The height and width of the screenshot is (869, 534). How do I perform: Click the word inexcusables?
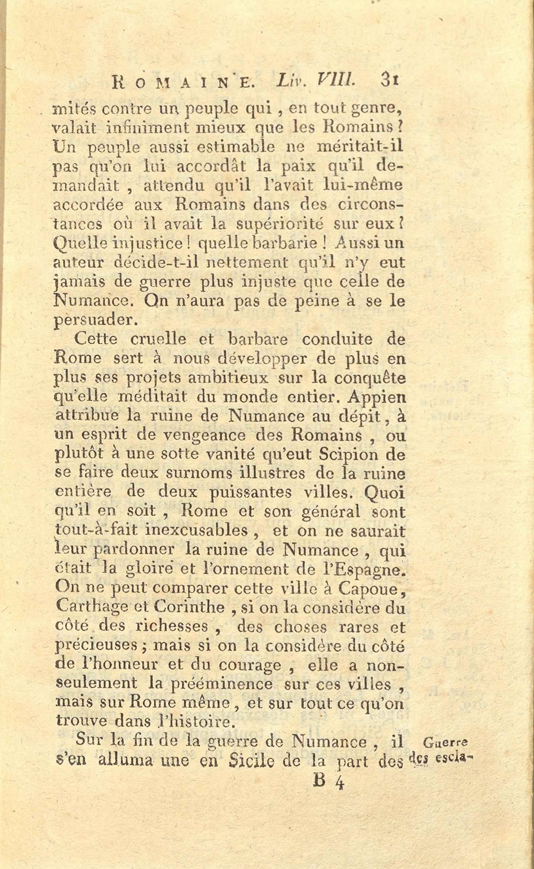tap(196, 531)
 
